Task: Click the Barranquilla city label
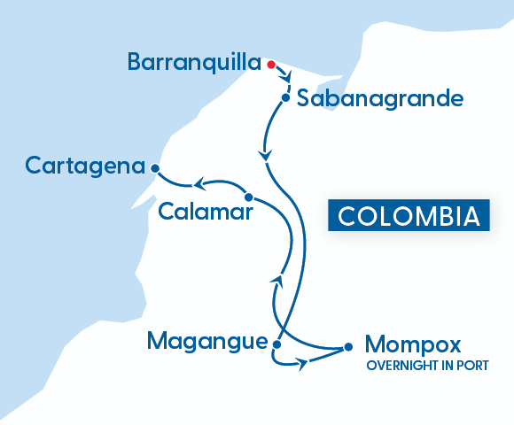pyautogui.click(x=194, y=62)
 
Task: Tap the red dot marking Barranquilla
pyautogui.click(x=271, y=64)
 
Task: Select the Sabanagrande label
pyautogui.click(x=380, y=98)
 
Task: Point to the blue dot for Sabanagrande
pyautogui.click(x=285, y=97)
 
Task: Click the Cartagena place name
pyautogui.click(x=85, y=166)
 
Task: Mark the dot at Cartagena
pyautogui.click(x=155, y=167)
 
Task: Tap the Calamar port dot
pyautogui.click(x=249, y=197)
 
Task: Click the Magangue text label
pyautogui.click(x=207, y=341)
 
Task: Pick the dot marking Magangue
pyautogui.click(x=276, y=344)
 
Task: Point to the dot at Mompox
pyautogui.click(x=347, y=347)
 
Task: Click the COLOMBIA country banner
pyautogui.click(x=409, y=216)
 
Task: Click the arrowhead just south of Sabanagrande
pyautogui.click(x=264, y=156)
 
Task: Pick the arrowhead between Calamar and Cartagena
pyautogui.click(x=200, y=184)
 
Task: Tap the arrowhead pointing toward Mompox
pyautogui.click(x=304, y=363)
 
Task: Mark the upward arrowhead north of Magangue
pyautogui.click(x=276, y=281)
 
